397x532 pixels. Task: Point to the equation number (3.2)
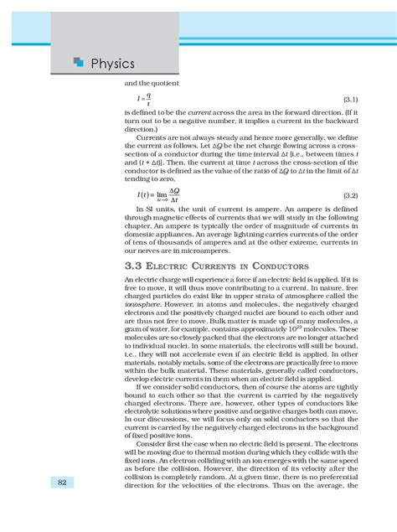pyautogui.click(x=349, y=195)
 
